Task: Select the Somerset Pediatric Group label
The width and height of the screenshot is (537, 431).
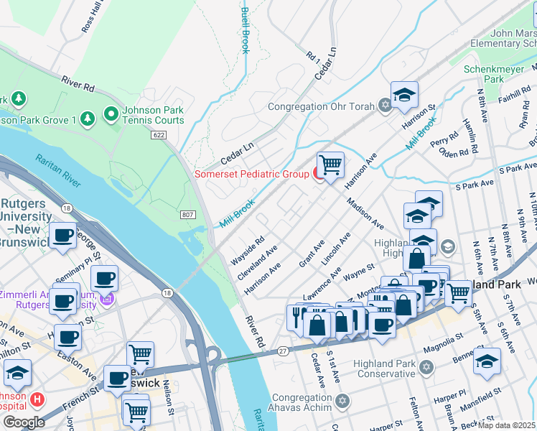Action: [x=251, y=174]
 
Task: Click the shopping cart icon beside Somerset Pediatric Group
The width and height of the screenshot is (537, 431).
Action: [x=330, y=165]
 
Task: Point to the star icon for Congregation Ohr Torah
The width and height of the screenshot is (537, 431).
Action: [x=385, y=106]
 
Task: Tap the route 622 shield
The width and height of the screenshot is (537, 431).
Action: [x=159, y=134]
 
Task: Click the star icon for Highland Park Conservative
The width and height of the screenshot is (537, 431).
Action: [x=426, y=368]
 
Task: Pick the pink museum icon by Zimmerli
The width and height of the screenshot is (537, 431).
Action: [x=108, y=298]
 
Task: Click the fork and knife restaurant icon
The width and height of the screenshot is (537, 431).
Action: [x=296, y=317]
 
